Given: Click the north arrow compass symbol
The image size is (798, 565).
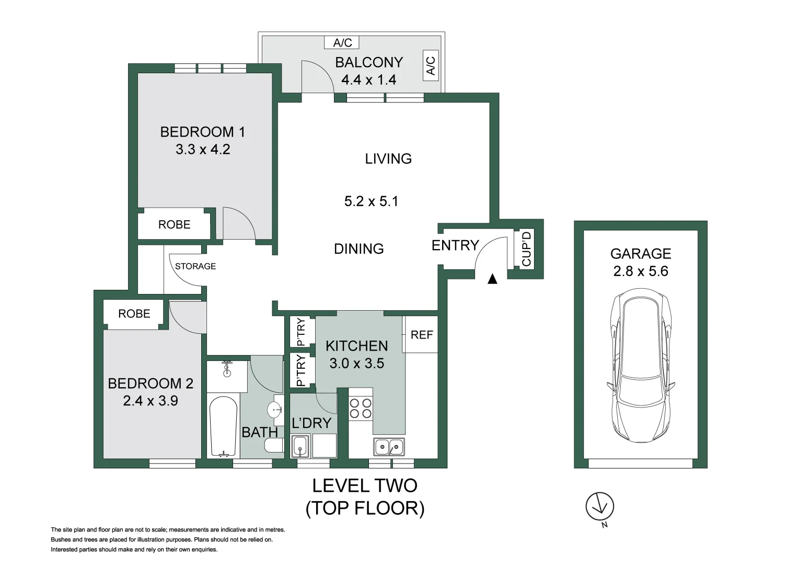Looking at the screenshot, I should [599, 506].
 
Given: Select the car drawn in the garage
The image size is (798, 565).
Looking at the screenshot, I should [640, 368].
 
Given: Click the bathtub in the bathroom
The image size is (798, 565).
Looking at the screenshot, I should [223, 426].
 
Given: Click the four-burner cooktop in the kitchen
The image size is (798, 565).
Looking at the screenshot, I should [360, 408].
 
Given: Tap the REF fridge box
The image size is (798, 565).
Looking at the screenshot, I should [421, 335].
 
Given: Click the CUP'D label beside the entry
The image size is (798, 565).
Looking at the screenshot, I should [526, 248].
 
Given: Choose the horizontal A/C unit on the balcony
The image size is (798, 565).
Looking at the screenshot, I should [343, 42].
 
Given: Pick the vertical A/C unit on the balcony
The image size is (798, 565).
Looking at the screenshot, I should [431, 66].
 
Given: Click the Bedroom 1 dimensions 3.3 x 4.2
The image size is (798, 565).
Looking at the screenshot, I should [203, 150].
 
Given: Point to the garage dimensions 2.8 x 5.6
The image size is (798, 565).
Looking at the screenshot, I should [641, 271].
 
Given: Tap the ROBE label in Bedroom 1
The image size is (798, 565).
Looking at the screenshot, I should [174, 224].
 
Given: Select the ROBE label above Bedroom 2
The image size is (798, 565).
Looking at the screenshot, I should [134, 313].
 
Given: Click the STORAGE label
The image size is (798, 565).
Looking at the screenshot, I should [195, 266].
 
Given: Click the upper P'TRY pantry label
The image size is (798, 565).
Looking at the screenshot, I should [300, 332].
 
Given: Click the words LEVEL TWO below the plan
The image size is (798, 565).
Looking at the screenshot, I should [364, 485].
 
